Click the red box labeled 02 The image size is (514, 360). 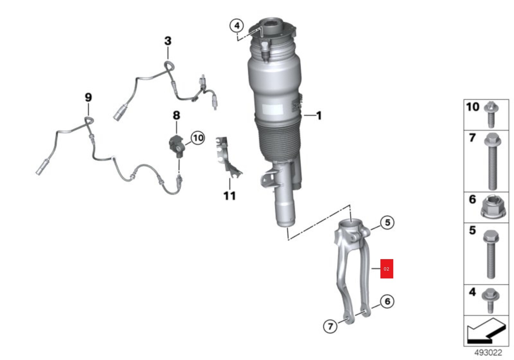(x=387, y=269)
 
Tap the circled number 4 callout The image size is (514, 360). (x=237, y=25)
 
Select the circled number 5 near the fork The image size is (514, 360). (x=387, y=222)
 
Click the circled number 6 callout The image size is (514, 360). (x=387, y=301)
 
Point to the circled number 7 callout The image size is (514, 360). (x=330, y=326)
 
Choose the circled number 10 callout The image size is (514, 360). (x=198, y=138)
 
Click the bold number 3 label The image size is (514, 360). (x=168, y=41)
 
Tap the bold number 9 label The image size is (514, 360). (x=88, y=97)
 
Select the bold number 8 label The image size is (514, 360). (x=176, y=115)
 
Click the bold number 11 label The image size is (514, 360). (x=230, y=196)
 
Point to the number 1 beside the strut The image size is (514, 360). (x=319, y=115)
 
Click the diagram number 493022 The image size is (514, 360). (x=488, y=353)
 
